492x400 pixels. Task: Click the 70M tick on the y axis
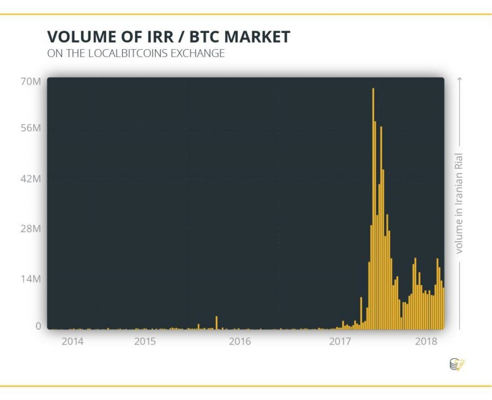pos(31,82)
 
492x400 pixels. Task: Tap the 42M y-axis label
pos(31,179)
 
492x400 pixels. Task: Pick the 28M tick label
pos(31,229)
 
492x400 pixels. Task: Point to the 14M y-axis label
pos(31,279)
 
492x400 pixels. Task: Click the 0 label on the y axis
pos(37,326)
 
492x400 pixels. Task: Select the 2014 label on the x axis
pos(72,342)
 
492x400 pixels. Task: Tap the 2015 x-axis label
pos(145,342)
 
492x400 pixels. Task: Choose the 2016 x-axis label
pos(240,342)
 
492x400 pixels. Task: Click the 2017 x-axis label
pos(340,342)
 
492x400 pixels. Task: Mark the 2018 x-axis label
pos(426,342)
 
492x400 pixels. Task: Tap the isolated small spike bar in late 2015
pos(216,323)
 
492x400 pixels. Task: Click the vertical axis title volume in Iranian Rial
pos(459,203)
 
